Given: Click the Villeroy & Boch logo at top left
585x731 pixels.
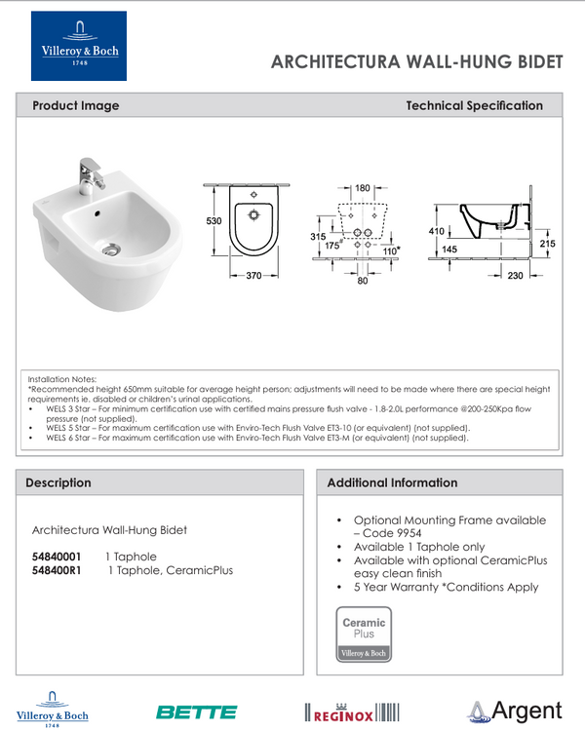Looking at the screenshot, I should (x=78, y=46).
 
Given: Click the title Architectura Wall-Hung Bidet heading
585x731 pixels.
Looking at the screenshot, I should (x=416, y=61).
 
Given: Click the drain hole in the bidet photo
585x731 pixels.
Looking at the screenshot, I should (x=113, y=248).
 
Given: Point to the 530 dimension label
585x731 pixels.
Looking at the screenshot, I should (x=214, y=221).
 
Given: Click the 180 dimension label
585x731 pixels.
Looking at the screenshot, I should (x=363, y=187).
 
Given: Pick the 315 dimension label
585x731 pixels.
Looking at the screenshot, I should (x=317, y=237).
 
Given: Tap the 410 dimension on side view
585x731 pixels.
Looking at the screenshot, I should (x=436, y=231).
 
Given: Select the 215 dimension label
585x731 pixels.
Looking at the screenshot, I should (x=547, y=244).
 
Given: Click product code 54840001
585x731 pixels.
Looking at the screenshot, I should (x=56, y=557).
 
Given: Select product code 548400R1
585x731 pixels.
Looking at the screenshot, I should (x=57, y=570).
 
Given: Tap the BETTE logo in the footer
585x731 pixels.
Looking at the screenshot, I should (x=196, y=712).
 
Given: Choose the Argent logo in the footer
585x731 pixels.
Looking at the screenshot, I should (x=514, y=711).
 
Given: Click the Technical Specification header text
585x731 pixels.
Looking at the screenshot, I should (x=474, y=105).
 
